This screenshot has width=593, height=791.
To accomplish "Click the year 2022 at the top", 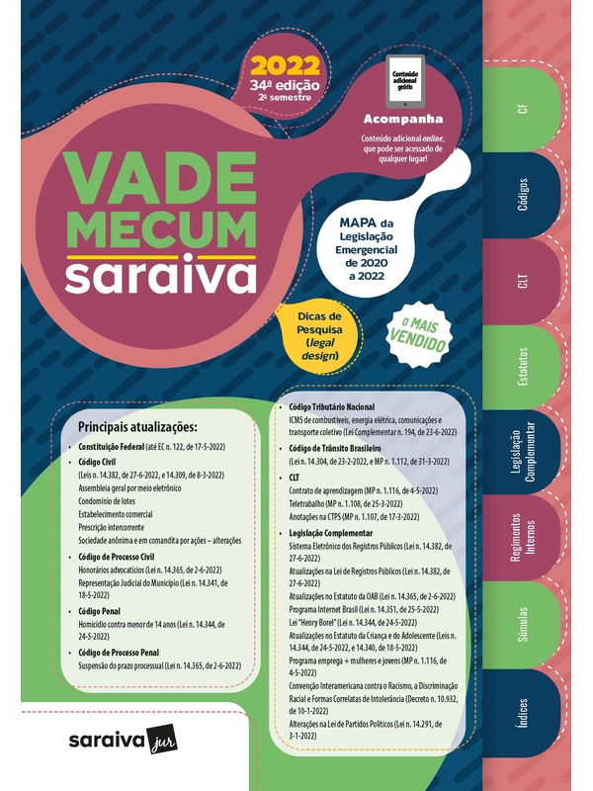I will tap(286, 66).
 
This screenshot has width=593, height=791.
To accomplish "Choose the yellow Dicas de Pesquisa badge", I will tap(317, 334).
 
